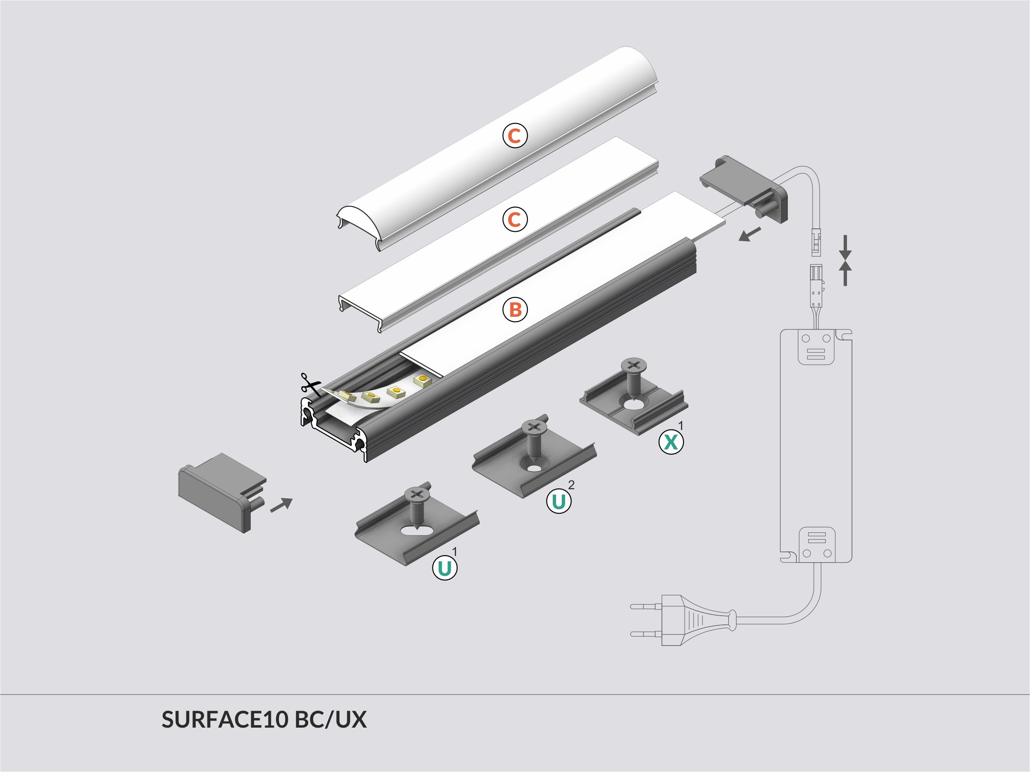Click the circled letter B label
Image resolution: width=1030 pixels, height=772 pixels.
(x=515, y=309)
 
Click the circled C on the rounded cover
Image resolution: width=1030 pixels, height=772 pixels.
(x=515, y=136)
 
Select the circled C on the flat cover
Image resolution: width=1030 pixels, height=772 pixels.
(x=515, y=219)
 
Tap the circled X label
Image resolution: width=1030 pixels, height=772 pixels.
(x=671, y=442)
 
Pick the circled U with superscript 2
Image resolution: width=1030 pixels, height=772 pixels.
(x=558, y=501)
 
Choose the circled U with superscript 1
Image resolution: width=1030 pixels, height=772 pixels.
(x=445, y=568)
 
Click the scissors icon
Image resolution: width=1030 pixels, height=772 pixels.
(x=310, y=384)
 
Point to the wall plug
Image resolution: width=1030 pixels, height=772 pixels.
(x=682, y=620)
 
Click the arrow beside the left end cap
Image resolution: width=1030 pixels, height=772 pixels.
(x=281, y=505)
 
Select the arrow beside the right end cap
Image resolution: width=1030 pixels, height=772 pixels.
(x=750, y=235)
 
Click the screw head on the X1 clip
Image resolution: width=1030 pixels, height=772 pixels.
(x=634, y=364)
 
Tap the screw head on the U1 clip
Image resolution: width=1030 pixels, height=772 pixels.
(x=416, y=494)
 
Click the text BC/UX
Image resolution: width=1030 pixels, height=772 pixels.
(x=331, y=720)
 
